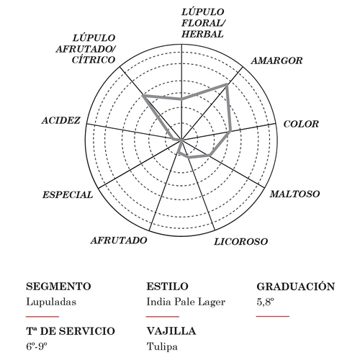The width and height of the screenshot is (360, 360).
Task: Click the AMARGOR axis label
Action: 276,60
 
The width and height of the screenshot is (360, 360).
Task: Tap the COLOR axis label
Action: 301,124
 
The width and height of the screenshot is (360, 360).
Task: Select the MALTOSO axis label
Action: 294,194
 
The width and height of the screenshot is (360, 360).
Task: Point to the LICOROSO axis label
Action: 240,242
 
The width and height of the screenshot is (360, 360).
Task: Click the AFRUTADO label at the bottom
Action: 119,240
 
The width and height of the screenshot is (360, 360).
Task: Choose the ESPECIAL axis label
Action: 68,195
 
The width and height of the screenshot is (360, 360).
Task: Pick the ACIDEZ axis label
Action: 61,120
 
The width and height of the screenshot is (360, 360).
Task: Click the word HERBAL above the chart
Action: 202,34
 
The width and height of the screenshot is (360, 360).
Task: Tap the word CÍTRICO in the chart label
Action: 94,60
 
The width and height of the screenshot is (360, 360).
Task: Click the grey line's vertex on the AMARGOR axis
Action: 227,84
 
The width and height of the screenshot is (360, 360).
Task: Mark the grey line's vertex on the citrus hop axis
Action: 143,96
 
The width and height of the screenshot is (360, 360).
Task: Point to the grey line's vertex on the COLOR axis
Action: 230,132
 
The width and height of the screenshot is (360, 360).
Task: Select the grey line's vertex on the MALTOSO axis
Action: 210,156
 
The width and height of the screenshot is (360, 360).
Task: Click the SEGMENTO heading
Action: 58,287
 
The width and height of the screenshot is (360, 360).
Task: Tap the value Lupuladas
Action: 51,302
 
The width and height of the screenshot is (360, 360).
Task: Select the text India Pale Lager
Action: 186,302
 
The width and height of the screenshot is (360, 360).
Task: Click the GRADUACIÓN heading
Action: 296,286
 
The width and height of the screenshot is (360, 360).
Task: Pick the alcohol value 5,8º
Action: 265,302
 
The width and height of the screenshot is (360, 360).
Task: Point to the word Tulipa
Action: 162,346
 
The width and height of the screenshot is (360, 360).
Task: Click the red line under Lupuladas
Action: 42,317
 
